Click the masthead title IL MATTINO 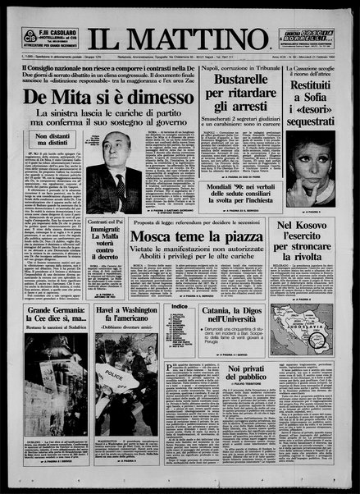coord(180,36)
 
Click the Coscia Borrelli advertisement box coord(315,36)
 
